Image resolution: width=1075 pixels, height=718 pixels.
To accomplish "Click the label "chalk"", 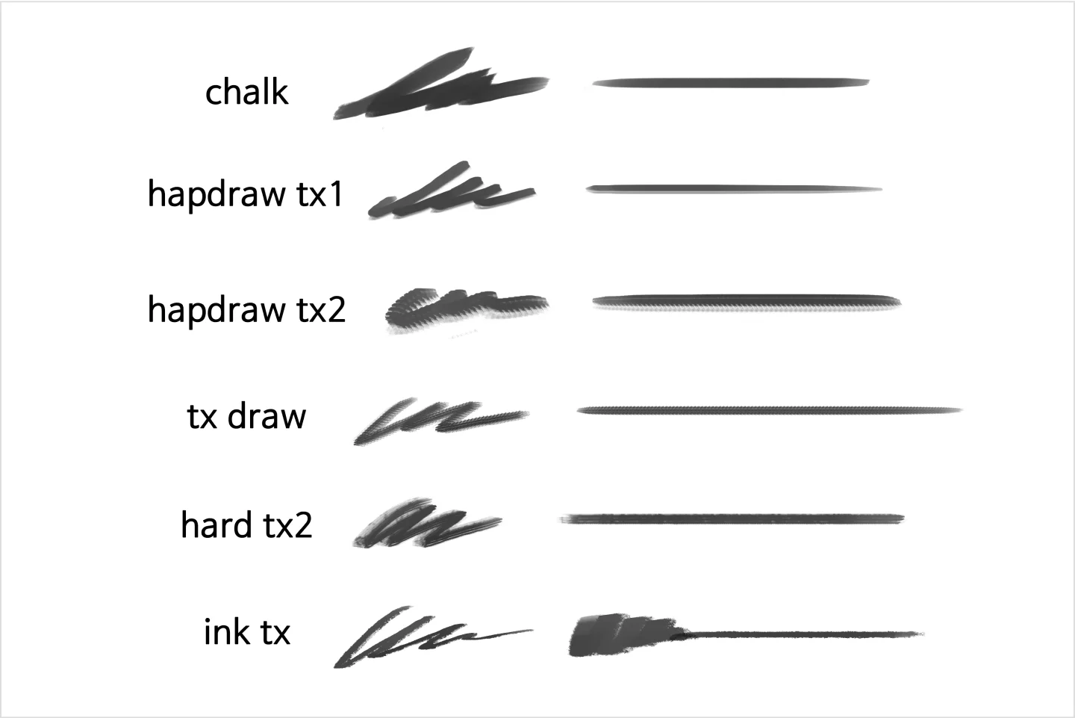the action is coord(246,91).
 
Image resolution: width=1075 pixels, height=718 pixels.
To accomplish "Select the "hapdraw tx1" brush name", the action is coord(245,194).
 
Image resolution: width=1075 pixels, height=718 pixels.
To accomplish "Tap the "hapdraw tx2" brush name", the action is coord(246,310).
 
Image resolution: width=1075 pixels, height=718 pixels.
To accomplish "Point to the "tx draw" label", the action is coord(246,416).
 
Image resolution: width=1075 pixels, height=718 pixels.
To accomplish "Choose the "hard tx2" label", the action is coord(246,524).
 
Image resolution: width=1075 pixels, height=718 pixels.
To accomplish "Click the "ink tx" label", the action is coord(247,631).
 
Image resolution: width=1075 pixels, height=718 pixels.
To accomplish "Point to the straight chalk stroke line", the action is coord(730,83).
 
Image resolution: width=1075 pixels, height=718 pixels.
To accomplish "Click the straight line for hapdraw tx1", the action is coord(734,189).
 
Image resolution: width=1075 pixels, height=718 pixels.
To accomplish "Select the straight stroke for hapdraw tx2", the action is coord(747,303).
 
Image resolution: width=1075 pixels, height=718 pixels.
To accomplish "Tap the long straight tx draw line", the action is coord(770,410).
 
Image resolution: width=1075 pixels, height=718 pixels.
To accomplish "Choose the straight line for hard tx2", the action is coord(732,519).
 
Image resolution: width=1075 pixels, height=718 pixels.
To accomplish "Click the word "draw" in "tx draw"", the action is coord(267,416).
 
